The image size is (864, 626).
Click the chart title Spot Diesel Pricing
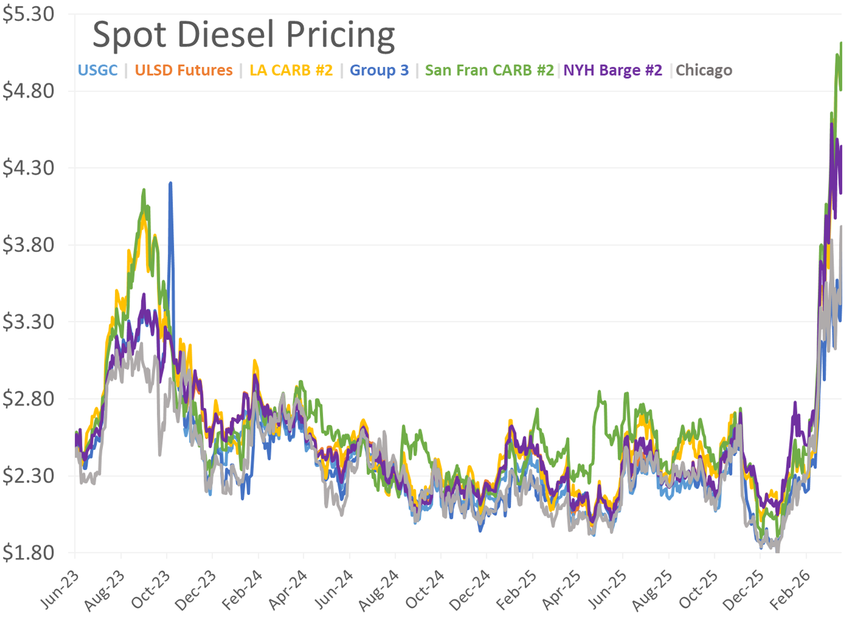244,35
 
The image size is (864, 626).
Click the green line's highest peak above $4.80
841,43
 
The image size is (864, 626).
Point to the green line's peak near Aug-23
144,190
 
